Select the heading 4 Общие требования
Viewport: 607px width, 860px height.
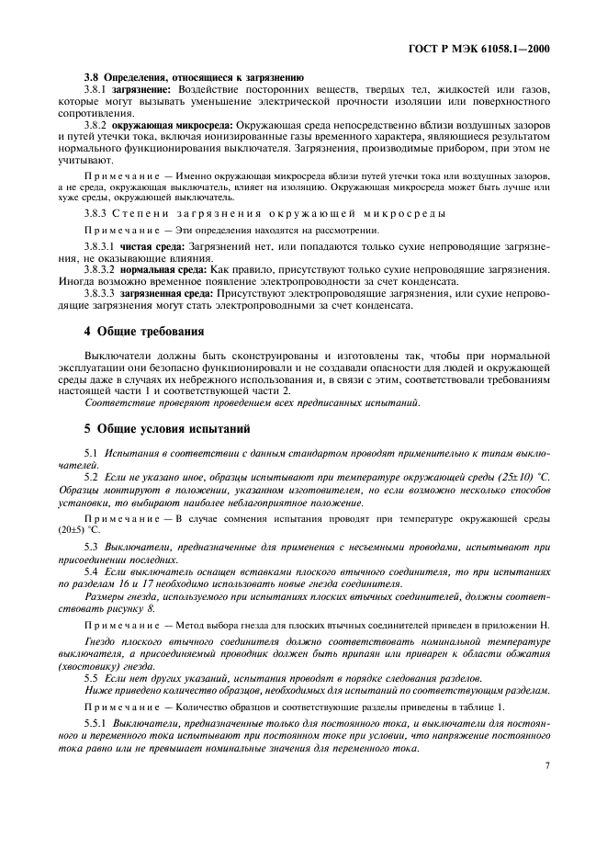144,330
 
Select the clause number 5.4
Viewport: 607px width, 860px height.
91,572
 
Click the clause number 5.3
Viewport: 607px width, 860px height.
91,548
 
